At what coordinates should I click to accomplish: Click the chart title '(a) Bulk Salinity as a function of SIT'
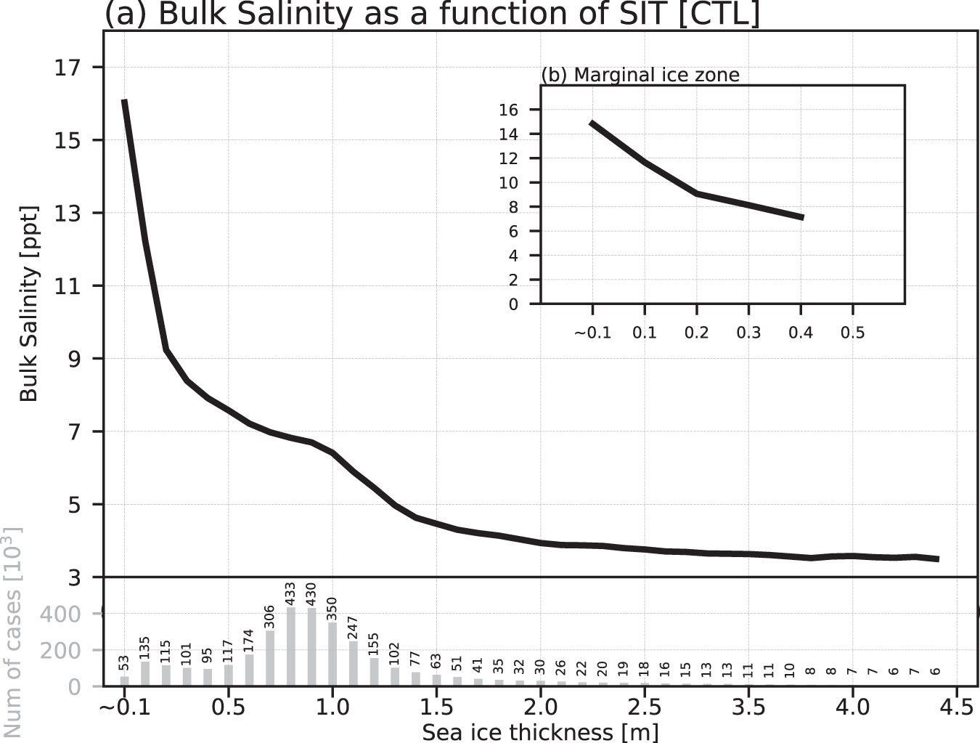coord(433,14)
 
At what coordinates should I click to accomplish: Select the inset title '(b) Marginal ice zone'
coord(640,75)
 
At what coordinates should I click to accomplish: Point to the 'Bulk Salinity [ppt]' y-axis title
coord(28,304)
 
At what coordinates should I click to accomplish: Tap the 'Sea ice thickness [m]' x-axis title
coord(540,731)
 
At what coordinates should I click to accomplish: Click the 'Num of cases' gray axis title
coord(12,632)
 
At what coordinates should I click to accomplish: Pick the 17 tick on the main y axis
coord(68,68)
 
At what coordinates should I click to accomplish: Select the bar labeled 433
coord(291,647)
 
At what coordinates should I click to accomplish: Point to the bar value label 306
coord(270,617)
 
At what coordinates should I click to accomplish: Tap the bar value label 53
coord(124,663)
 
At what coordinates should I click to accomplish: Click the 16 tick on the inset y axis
coord(508,110)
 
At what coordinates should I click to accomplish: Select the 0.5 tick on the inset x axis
coord(853,333)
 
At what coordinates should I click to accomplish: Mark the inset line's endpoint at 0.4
coord(801,217)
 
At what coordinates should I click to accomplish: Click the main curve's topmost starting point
coord(124,101)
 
